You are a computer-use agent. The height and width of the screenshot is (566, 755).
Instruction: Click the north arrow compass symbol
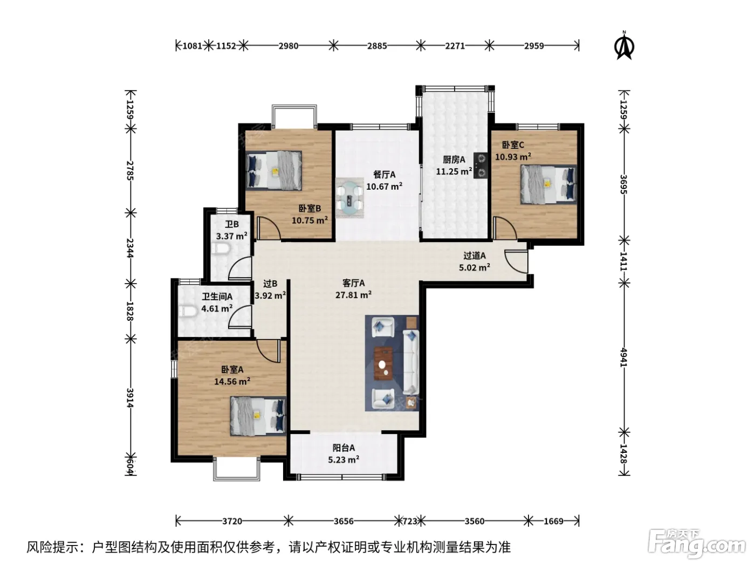[624, 46]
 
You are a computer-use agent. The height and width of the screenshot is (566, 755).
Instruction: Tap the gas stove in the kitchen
[481, 165]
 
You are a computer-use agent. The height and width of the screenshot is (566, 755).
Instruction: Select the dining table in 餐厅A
[349, 197]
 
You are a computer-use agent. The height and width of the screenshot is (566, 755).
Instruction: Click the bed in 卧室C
[548, 184]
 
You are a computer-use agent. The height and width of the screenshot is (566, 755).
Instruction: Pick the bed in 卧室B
[274, 170]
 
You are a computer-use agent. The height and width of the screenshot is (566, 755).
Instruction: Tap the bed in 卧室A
[258, 416]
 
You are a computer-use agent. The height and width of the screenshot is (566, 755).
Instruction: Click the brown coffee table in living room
[383, 363]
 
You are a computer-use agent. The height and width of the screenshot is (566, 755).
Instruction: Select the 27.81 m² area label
[353, 295]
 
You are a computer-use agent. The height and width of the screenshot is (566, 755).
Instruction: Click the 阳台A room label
[344, 448]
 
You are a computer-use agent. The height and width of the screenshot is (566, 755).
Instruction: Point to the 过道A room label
[475, 256]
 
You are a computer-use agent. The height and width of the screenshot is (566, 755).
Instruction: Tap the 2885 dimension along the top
[377, 46]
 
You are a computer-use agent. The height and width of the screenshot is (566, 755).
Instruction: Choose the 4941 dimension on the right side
[624, 357]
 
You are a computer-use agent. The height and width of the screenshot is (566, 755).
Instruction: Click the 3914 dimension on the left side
[129, 398]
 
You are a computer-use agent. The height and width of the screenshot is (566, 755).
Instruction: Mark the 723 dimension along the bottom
[410, 521]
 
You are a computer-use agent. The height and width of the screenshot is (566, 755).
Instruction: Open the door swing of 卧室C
[505, 228]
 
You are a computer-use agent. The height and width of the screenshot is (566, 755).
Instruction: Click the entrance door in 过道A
[516, 262]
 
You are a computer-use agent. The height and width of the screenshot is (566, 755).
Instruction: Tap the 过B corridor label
[270, 284]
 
